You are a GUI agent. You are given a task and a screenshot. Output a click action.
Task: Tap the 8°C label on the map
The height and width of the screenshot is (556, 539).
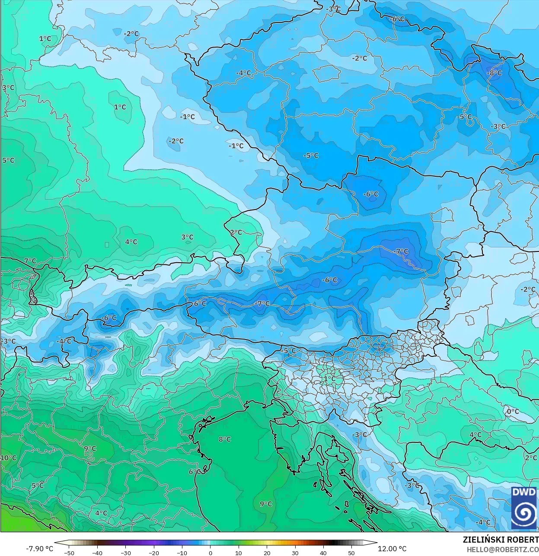[x=224, y=439]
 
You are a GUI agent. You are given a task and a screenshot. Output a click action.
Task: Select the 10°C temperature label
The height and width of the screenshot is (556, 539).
[x=8, y=458]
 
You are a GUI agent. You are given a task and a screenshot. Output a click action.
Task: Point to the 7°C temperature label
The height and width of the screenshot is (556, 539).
[x=30, y=261]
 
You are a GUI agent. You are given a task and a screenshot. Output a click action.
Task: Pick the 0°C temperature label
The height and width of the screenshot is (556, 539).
[x=513, y=411]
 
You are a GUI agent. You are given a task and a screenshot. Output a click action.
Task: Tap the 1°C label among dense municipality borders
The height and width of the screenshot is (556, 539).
[x=329, y=378]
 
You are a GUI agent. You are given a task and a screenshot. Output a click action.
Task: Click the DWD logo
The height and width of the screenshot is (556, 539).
[x=524, y=508]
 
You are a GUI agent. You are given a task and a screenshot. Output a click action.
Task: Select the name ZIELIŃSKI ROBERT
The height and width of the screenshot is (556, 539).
[x=501, y=540]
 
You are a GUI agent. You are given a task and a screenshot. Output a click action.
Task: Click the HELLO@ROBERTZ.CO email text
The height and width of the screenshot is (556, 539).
[x=502, y=549]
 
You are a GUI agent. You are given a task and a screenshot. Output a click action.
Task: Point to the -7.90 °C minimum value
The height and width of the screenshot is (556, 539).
[x=40, y=549]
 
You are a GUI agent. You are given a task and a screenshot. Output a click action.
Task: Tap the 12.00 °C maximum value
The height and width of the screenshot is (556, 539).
[x=392, y=549]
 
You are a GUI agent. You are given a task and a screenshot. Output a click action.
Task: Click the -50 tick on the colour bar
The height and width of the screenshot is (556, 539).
[x=69, y=553]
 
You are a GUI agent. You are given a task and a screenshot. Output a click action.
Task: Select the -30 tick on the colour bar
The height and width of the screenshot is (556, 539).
[x=126, y=553]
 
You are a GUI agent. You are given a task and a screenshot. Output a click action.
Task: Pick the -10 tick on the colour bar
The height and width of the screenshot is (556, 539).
[x=182, y=553]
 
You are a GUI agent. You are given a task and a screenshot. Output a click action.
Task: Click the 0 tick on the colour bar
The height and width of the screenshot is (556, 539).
[x=210, y=553]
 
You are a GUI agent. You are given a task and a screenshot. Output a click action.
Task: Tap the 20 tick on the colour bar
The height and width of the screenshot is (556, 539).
[x=267, y=553]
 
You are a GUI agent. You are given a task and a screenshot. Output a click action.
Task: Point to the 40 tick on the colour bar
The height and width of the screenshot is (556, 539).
[x=323, y=553]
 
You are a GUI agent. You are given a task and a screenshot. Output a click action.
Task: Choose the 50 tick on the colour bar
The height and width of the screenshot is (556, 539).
[x=351, y=553]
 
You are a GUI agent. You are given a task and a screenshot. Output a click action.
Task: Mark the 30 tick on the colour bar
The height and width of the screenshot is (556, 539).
[x=295, y=553]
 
